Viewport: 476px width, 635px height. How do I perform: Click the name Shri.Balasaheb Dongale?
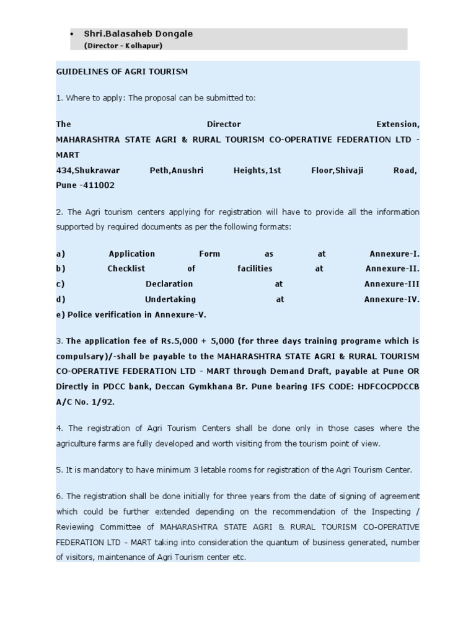click(x=138, y=33)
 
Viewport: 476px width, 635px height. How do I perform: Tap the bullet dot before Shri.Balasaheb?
click(x=73, y=34)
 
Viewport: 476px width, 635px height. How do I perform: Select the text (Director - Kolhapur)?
click(x=123, y=45)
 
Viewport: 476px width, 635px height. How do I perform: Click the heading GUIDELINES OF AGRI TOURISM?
click(x=121, y=71)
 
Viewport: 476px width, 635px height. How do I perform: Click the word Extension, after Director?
click(x=398, y=124)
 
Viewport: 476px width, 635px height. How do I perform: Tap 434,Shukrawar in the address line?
click(x=88, y=170)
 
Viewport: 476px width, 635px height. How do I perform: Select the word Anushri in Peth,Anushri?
click(x=188, y=170)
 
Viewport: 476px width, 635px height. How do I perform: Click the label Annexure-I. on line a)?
click(x=394, y=254)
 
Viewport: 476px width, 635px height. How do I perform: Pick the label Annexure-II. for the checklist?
click(x=392, y=269)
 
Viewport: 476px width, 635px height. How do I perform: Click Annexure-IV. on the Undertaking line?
click(x=392, y=299)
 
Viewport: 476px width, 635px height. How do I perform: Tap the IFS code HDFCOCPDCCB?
click(x=389, y=386)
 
